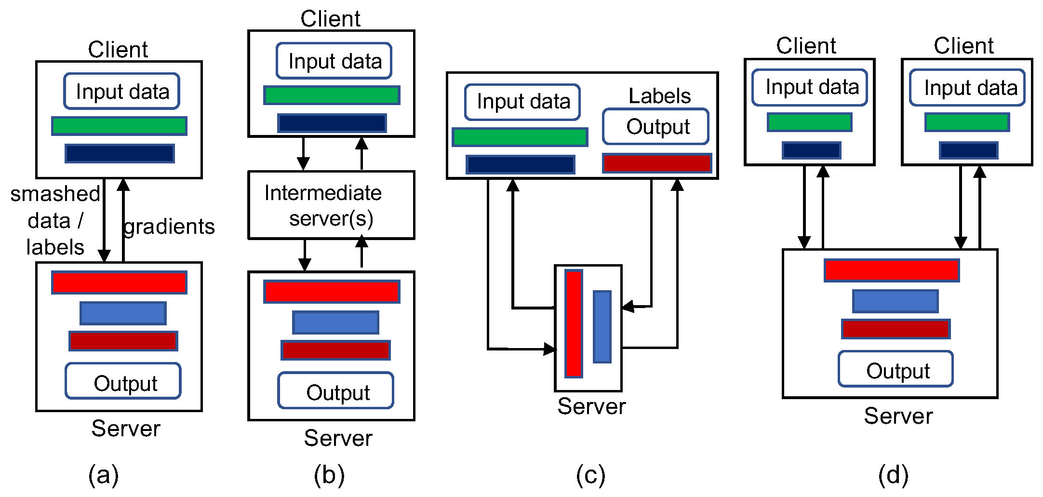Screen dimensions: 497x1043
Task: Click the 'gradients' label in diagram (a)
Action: click(169, 227)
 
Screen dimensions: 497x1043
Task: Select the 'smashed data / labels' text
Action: click(55, 220)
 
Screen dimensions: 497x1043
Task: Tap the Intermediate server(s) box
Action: click(331, 205)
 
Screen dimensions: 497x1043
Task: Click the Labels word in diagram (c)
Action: click(659, 96)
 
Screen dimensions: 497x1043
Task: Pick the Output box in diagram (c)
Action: click(655, 127)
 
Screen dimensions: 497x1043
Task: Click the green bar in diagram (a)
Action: click(119, 126)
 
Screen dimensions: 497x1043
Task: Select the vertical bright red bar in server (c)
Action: click(574, 323)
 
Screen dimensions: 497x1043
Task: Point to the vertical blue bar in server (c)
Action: click(602, 326)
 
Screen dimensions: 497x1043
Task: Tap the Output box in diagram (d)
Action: click(896, 369)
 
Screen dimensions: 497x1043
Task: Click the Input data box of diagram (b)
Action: click(334, 61)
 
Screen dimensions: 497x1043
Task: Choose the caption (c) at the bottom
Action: click(590, 475)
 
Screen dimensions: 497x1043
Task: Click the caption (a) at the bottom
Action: click(103, 475)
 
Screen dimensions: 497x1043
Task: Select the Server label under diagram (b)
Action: click(338, 438)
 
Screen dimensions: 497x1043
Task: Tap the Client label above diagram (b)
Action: click(330, 19)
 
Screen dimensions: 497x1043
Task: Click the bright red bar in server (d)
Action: click(892, 270)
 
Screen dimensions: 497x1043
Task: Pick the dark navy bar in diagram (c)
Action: click(521, 164)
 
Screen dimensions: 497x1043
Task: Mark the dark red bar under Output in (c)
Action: click(657, 163)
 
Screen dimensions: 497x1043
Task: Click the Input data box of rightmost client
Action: click(967, 88)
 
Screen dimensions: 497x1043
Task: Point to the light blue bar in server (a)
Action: click(123, 313)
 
